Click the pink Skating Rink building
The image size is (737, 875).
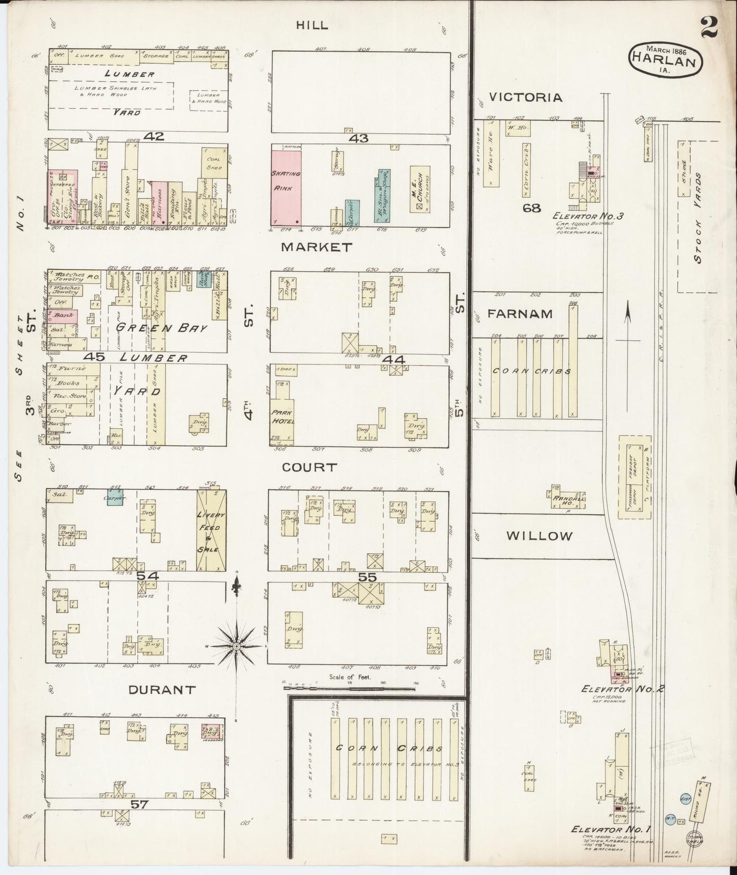click(x=286, y=187)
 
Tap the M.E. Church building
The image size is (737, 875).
click(x=420, y=189)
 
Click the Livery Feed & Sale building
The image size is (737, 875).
click(x=211, y=531)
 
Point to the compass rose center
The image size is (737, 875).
click(x=236, y=646)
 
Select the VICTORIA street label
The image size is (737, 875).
click(x=525, y=97)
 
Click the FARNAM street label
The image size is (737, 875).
click(x=520, y=313)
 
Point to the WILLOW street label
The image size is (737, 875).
click(x=540, y=536)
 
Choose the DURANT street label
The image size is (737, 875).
click(x=162, y=690)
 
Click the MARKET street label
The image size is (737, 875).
click(x=316, y=247)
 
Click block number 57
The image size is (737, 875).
click(x=139, y=805)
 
